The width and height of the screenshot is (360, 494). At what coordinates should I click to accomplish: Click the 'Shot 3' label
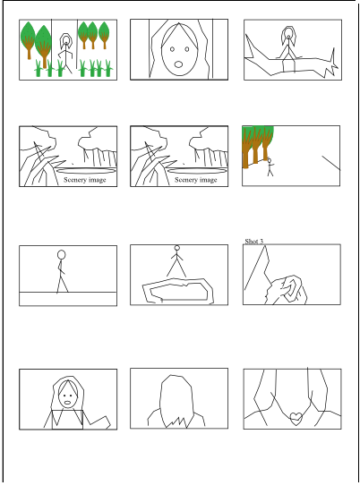[255, 241]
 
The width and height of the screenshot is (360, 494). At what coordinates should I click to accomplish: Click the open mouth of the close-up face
[179, 64]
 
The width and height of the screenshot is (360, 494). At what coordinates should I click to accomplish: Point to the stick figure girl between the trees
[65, 53]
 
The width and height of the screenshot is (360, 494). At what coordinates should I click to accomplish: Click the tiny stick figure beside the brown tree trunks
[270, 167]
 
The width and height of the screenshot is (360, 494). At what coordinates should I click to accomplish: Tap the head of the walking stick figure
[62, 254]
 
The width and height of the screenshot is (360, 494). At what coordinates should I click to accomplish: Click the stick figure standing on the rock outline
[176, 260]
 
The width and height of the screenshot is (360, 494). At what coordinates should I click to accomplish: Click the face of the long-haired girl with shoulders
[67, 394]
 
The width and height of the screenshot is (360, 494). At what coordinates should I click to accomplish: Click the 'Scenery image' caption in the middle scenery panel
[195, 180]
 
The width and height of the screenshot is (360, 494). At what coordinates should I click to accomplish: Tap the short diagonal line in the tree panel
[330, 164]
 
